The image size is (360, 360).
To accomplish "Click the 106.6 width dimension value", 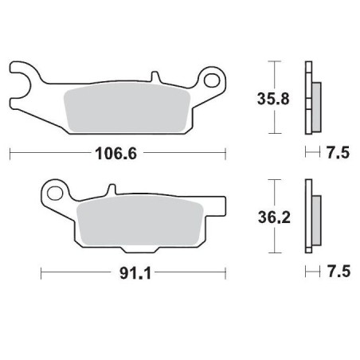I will point(117,153).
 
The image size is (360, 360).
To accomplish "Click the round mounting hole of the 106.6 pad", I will point(211,80).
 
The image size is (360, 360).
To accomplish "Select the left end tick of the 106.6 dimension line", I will point(9,153).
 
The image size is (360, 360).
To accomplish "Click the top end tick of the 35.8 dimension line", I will point(275,61).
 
